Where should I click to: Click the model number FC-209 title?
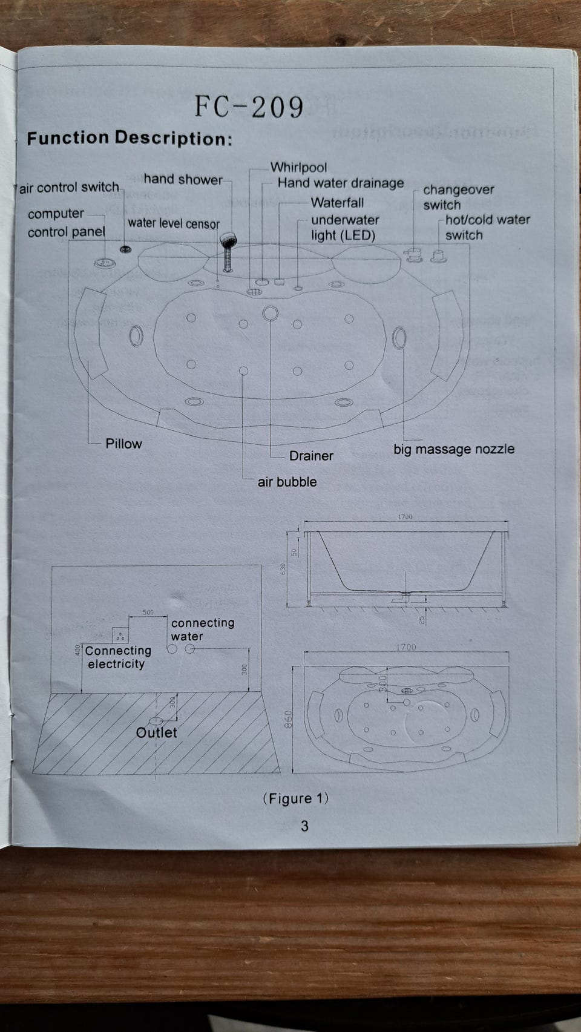[249, 107]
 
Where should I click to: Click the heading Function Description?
[130, 139]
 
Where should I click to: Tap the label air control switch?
[70, 188]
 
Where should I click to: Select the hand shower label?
[183, 179]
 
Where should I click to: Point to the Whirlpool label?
[298, 167]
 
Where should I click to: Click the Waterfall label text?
[337, 203]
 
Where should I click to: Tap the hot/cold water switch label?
[487, 227]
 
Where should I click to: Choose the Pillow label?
[123, 444]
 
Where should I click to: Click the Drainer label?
[311, 456]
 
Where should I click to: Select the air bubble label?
[287, 482]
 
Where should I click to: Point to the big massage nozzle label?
[454, 449]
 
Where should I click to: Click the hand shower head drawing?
[228, 240]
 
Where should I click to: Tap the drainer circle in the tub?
[270, 314]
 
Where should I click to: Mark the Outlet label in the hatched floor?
[156, 732]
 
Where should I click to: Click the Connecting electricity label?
[117, 657]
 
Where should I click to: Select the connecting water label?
[202, 629]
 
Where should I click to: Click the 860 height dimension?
[289, 720]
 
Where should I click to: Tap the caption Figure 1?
[296, 798]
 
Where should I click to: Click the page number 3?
[304, 826]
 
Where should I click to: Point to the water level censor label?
[174, 223]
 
